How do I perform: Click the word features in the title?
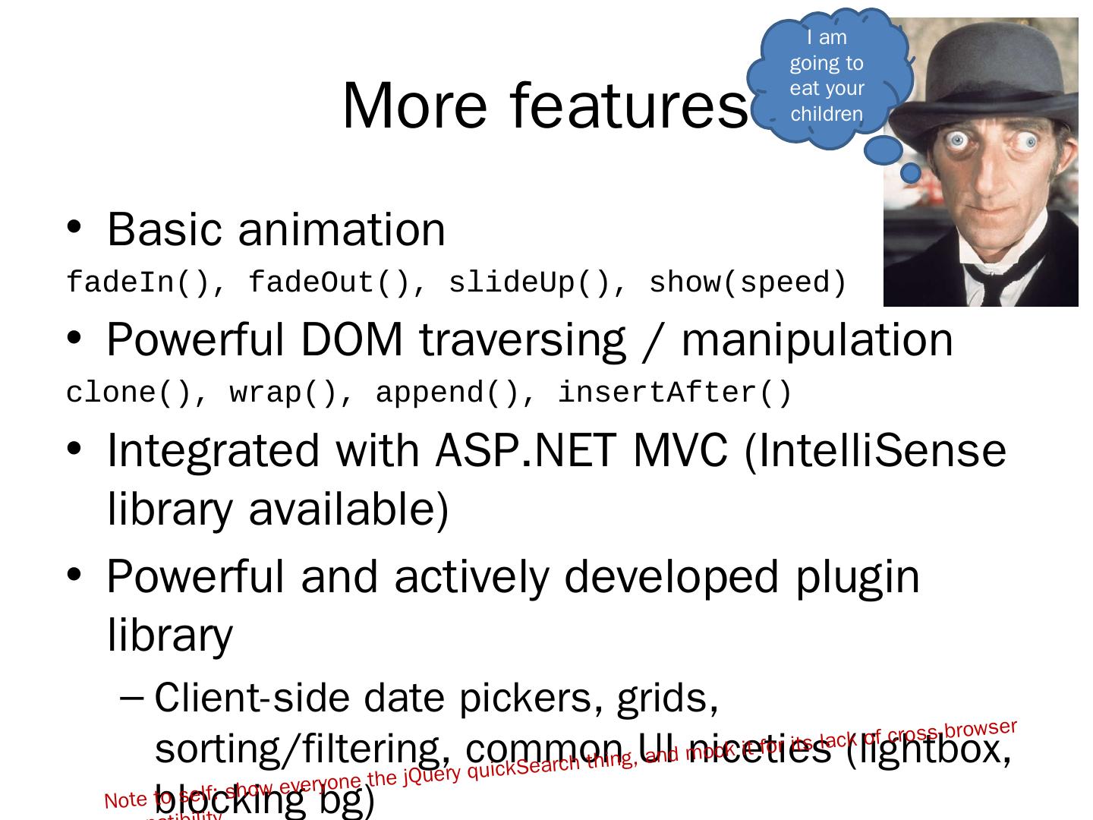point(629,106)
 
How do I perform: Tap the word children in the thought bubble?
point(827,114)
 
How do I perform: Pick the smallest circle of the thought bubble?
point(910,173)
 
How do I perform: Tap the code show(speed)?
point(748,282)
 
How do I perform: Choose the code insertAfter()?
point(675,393)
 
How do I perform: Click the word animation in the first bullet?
point(341,229)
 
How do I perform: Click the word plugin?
point(857,576)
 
